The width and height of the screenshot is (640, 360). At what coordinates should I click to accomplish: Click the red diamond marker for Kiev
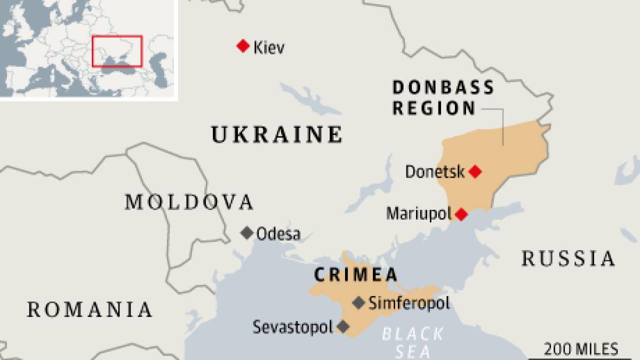[243, 46]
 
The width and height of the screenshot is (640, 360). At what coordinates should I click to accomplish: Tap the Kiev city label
[269, 47]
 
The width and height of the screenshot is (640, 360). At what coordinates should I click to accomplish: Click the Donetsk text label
[435, 172]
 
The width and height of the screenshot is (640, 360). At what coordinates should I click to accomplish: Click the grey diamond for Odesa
[246, 233]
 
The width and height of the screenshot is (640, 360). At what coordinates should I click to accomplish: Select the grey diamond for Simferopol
[359, 302]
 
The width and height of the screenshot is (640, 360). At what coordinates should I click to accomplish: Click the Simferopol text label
[409, 303]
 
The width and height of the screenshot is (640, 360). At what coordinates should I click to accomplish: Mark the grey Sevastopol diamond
[343, 326]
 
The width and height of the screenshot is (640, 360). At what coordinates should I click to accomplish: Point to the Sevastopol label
[293, 326]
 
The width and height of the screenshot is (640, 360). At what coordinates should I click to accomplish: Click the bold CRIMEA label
[356, 275]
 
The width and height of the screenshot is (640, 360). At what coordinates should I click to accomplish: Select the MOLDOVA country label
[188, 202]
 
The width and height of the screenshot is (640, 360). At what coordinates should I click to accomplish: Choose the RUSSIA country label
[568, 259]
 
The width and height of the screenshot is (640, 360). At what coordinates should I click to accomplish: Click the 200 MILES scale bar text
[581, 349]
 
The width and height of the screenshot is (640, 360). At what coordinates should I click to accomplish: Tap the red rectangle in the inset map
[117, 51]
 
